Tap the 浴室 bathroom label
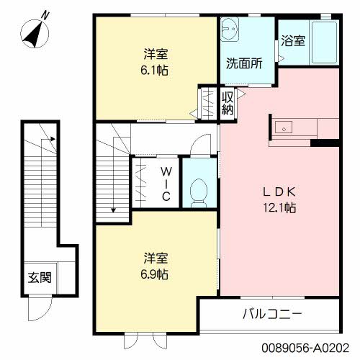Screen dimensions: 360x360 click(293, 40)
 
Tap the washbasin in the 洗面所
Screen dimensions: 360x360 click(232, 30)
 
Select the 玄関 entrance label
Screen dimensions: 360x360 click(39, 277)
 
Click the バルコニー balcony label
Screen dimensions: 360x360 click(271, 315)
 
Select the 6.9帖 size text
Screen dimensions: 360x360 click(156, 274)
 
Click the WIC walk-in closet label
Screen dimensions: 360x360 click(166, 184)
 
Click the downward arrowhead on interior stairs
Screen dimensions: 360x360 click(113, 210)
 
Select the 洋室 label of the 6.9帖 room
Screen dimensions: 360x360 click(156, 258)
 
